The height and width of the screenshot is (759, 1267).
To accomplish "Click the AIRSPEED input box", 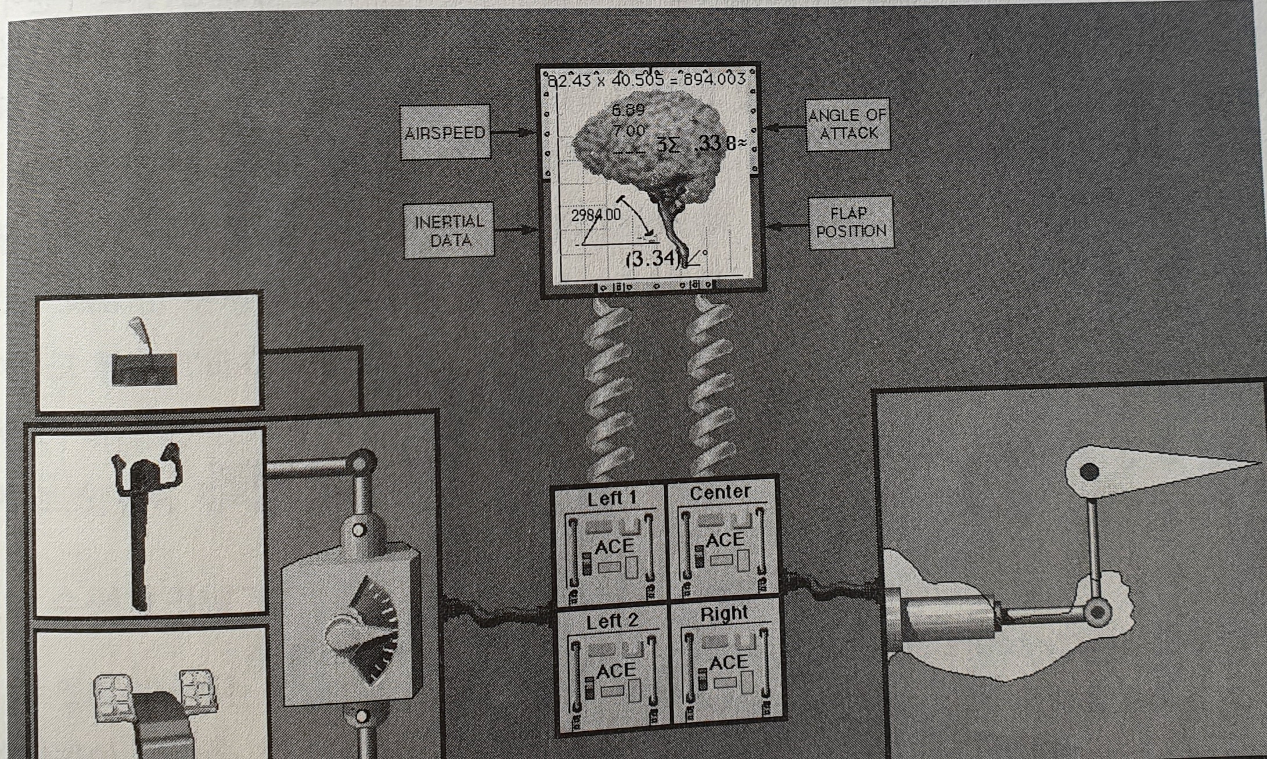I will click(x=445, y=132).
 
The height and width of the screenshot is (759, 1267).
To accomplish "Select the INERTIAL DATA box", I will click(x=449, y=230).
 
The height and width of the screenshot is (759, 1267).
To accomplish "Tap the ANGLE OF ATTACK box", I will click(x=848, y=124).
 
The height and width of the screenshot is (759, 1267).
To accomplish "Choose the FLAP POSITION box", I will click(x=851, y=222).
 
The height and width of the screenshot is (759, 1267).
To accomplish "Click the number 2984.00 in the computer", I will click(x=596, y=215).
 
